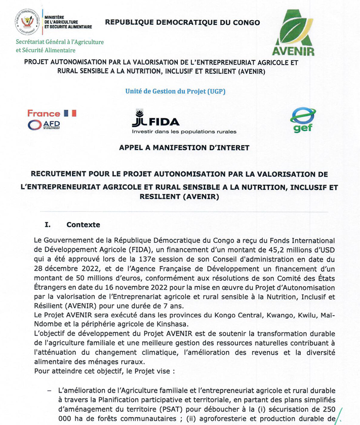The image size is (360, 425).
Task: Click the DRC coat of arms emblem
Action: [27, 21]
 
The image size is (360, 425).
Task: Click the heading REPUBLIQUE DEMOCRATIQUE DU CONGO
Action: [182, 22]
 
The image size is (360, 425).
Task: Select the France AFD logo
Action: [52, 119]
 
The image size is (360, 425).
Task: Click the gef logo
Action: [302, 119]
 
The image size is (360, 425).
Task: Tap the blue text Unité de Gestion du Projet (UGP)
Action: [175, 91]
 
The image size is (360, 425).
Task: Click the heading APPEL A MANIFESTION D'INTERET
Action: [184, 148]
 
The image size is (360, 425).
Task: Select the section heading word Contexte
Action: [83, 225]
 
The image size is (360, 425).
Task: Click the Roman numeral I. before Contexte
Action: [48, 225]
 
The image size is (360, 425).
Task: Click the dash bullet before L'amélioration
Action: [49, 390]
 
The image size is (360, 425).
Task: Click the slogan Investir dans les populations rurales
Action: [184, 132]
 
